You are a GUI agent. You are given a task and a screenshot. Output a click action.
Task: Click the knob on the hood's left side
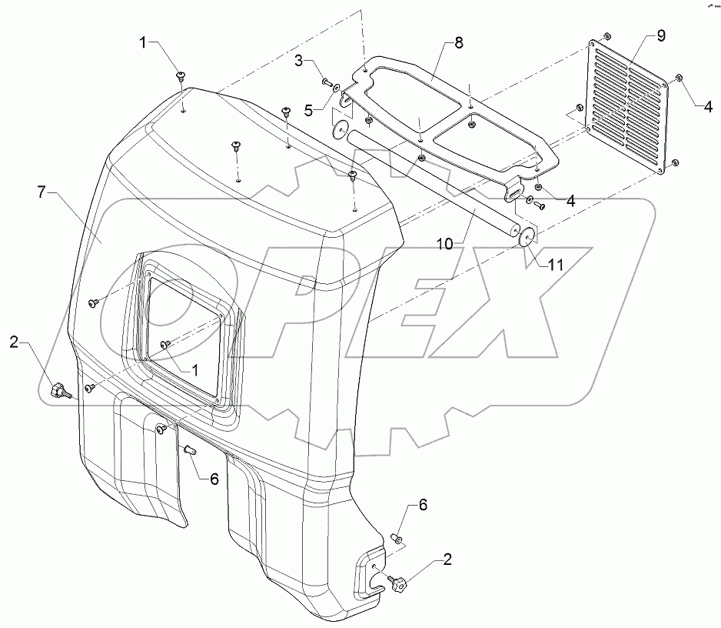58,392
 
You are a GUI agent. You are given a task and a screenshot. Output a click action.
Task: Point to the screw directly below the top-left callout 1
181,75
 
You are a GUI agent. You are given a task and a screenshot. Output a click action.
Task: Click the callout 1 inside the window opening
195,369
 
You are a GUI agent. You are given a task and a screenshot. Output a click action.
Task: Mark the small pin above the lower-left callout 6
190,448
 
